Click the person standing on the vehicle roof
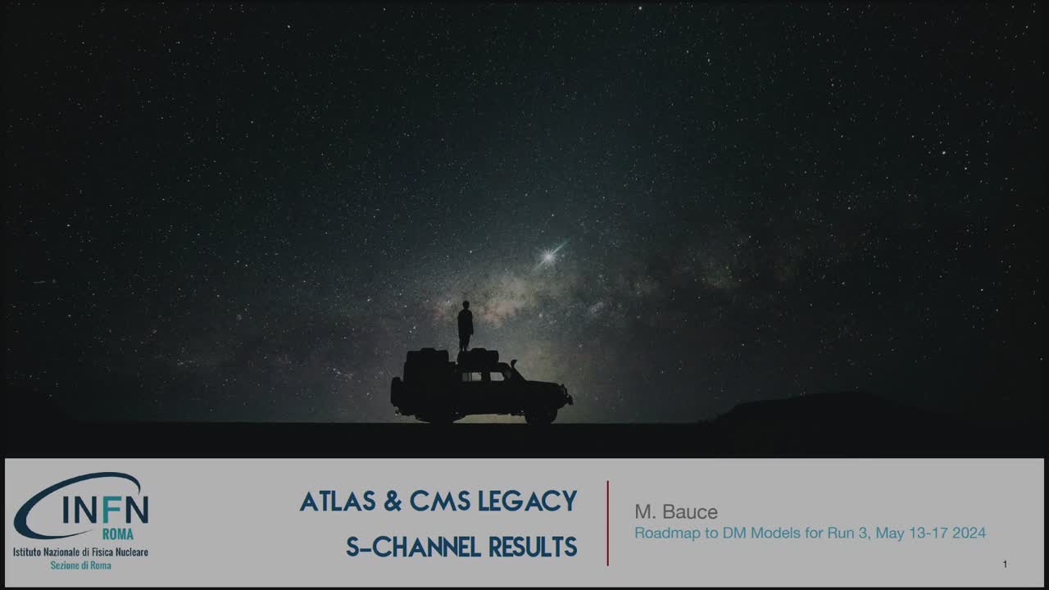(465, 326)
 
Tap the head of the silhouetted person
(465, 306)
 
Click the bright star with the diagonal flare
(547, 257)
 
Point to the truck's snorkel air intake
(513, 366)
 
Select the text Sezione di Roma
(80, 565)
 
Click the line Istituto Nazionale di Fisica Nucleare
(80, 552)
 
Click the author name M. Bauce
(676, 512)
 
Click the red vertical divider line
(607, 523)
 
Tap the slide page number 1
(1005, 565)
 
